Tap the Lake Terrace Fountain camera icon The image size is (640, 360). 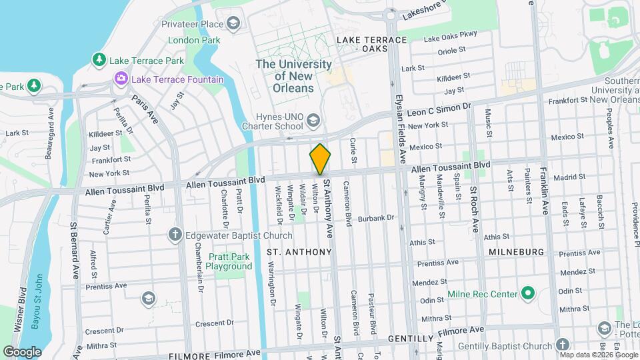point(121,79)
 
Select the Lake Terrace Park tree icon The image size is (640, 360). point(99,61)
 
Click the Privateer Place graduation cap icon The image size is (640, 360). point(233,25)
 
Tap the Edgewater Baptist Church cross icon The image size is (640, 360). point(175,235)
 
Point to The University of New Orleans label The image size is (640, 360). point(294,76)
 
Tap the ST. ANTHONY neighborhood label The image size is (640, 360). point(299,252)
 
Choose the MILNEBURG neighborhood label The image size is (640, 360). point(517,252)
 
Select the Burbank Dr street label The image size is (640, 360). point(376,218)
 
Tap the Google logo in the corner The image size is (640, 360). point(22,351)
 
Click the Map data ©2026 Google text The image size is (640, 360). point(599,353)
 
